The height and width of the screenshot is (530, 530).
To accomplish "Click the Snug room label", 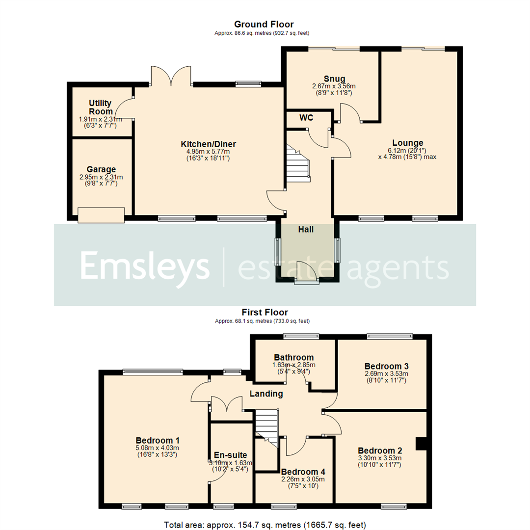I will pos(334,79).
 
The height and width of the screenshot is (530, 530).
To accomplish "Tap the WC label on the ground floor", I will pos(306,118).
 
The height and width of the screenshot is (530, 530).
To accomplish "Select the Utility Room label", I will pos(100,107).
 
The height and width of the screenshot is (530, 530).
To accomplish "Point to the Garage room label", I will pos(101,170).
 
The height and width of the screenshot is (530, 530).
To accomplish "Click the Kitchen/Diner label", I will pos(209,144).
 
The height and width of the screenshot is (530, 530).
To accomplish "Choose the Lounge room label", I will pos(407,143).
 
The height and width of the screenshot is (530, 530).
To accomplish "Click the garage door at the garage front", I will pos(101,214).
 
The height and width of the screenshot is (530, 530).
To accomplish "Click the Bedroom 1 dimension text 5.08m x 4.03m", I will pos(157,448).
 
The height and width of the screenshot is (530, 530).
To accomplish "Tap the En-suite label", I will pos(231,455).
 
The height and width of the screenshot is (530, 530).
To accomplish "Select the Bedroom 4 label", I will pos(302,472).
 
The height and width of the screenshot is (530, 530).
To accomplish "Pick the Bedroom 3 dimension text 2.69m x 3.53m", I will pos(386,374).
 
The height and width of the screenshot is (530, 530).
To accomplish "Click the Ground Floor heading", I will pos(264,24).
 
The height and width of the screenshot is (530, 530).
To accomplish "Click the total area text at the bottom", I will pos(265,525).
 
